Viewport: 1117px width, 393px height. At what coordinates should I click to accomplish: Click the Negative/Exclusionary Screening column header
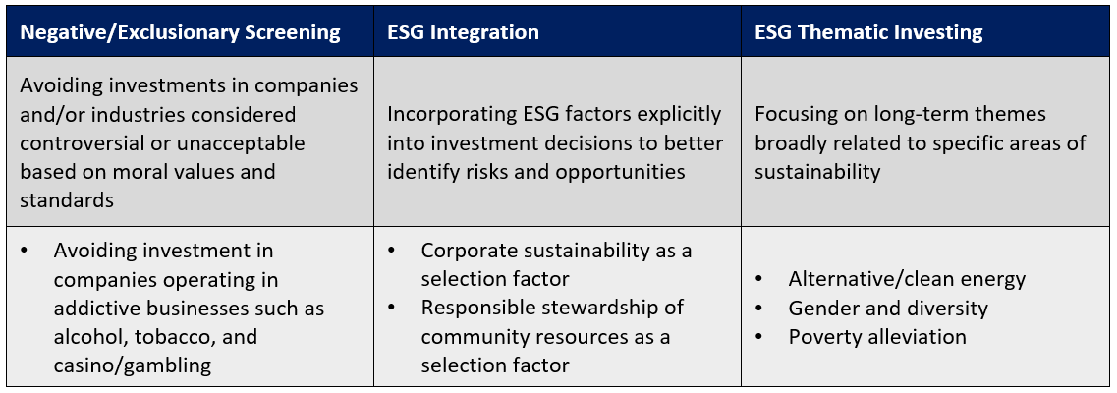pos(180,32)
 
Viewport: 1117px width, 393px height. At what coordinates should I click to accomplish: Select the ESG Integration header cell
pos(463,32)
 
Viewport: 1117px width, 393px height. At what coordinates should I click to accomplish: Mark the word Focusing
pos(791,115)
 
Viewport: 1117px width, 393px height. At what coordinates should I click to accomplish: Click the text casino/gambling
pos(133,365)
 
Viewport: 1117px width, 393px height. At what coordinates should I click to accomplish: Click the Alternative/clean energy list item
pos(907,279)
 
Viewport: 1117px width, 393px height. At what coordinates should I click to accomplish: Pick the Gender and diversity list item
pos(888,309)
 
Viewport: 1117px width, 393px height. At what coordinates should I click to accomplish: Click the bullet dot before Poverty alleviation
pos(758,337)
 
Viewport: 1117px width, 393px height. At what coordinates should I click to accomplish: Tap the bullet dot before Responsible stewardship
pos(392,309)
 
